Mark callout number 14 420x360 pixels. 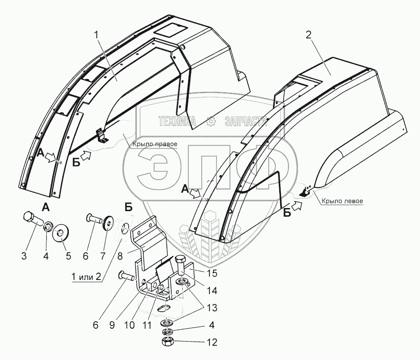(210, 291)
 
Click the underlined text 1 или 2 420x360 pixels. (86, 277)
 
